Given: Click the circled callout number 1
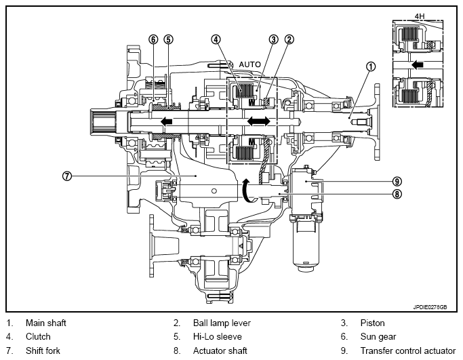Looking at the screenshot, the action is click(x=371, y=66).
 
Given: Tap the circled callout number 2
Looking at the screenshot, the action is click(x=289, y=39).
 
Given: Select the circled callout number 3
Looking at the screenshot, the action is click(x=274, y=39).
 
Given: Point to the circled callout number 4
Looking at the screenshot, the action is click(x=216, y=39).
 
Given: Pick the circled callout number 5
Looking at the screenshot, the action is click(x=168, y=39).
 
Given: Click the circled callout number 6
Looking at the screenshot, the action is click(x=153, y=39).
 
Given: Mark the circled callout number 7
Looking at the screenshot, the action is click(x=67, y=176).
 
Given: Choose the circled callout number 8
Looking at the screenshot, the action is click(x=397, y=194).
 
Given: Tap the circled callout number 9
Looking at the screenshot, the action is click(x=397, y=181).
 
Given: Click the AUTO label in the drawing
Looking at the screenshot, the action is click(x=250, y=64).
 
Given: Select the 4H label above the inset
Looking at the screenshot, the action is click(x=420, y=16).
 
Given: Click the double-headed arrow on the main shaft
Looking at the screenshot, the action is click(x=259, y=121).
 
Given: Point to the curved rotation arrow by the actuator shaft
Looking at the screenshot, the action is click(x=247, y=191).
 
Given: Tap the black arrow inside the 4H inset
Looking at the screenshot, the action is click(x=418, y=64).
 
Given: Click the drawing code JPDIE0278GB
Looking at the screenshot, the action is click(x=430, y=307).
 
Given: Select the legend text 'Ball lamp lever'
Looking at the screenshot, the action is click(x=222, y=323).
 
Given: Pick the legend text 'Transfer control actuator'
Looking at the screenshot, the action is click(x=408, y=351).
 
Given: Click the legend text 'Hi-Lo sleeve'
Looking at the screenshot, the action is click(x=218, y=337).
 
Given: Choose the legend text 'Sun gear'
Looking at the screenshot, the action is click(x=378, y=337).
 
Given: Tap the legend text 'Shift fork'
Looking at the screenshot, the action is click(x=43, y=351).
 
